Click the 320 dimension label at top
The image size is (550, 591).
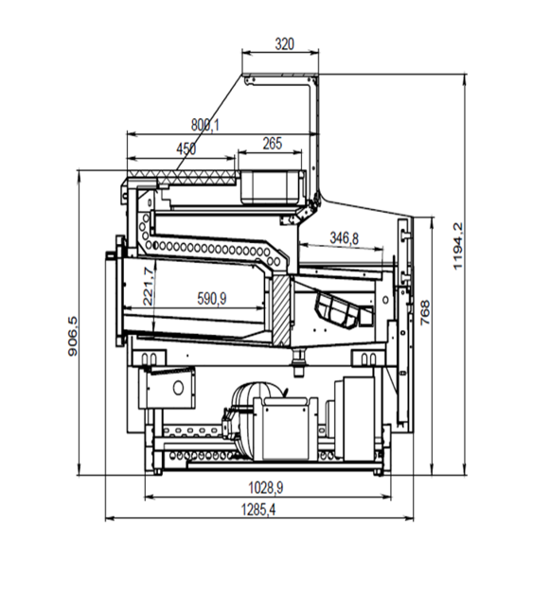tap(284, 44)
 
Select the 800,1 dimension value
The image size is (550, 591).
tap(204, 125)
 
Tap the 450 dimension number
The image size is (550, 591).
tap(186, 148)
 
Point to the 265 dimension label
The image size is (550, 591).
tap(273, 143)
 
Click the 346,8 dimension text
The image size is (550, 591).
tap(344, 238)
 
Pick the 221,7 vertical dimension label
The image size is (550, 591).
tap(149, 287)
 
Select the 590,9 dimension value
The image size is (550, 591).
tap(212, 299)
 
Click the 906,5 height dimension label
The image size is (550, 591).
tap(73, 337)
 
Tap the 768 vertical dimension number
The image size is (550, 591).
tap(425, 312)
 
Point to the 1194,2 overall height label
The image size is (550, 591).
tap(457, 246)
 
